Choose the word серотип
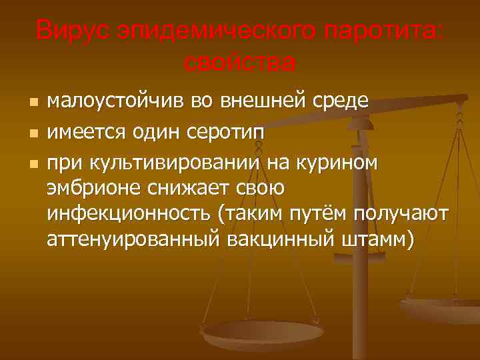pos(225,133)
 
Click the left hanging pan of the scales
pos(262,330)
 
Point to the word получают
pos(413,214)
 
